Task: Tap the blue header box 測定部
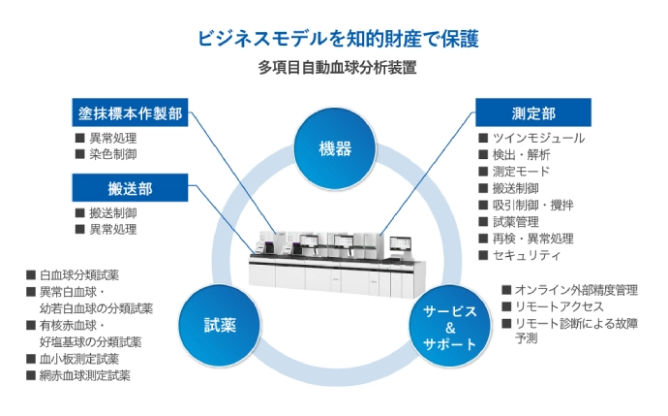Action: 532,113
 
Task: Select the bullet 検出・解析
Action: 524,155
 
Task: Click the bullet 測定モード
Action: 524,172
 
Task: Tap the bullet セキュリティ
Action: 526,255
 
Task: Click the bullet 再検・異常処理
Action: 532,239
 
